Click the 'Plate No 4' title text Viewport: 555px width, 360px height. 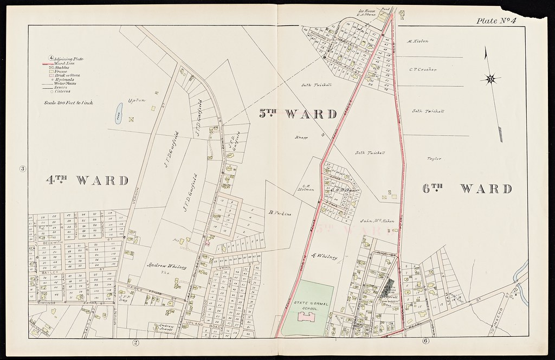click(496, 21)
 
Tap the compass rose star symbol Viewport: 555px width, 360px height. click(491, 79)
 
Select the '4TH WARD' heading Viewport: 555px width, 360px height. click(87, 180)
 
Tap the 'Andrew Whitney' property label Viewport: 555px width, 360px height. click(166, 266)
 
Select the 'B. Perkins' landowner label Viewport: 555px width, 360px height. click(280, 214)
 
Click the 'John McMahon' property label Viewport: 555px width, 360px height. click(376, 221)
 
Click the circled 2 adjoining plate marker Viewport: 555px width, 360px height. click(135, 342)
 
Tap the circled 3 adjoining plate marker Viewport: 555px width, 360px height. click(23, 168)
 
